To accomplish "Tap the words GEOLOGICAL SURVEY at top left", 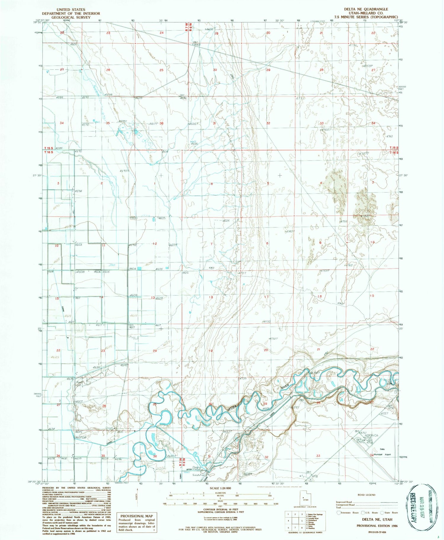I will point(71,17).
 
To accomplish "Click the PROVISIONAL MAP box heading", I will point(136,516).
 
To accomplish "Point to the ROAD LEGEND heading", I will point(366,495).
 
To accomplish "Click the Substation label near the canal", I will point(198,475).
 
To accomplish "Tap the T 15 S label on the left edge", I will point(49,148).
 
